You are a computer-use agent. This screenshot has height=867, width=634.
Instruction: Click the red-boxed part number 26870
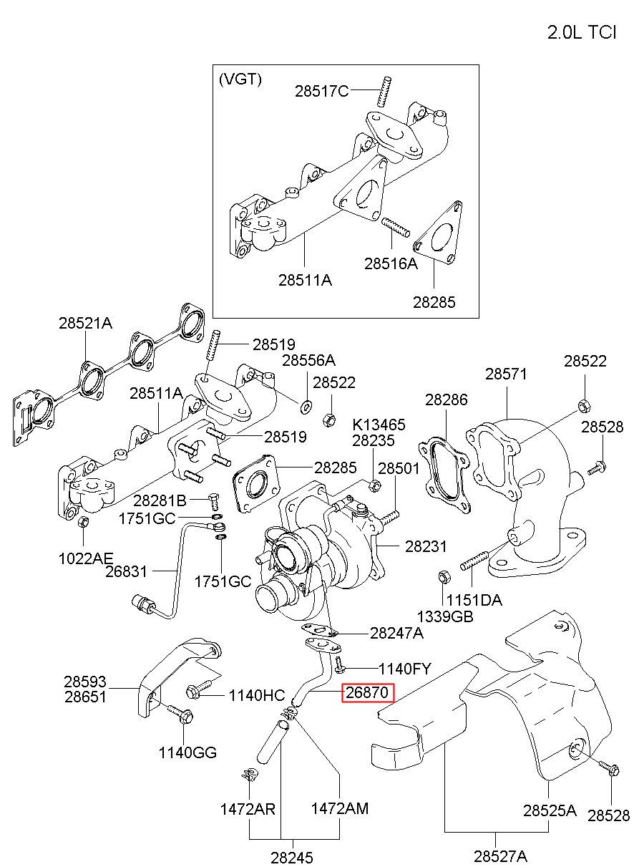tap(366, 692)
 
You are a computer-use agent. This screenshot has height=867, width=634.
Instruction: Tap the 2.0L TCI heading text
tap(581, 32)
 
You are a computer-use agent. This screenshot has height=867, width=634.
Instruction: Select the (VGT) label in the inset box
tap(240, 79)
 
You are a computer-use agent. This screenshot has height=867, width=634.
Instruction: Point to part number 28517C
tap(321, 92)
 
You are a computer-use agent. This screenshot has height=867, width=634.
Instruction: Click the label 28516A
tap(391, 263)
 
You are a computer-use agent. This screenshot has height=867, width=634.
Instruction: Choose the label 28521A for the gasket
tap(85, 323)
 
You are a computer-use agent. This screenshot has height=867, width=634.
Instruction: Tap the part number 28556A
tap(308, 360)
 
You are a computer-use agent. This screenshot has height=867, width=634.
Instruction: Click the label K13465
tap(379, 425)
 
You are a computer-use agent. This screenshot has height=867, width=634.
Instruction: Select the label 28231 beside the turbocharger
tap(426, 546)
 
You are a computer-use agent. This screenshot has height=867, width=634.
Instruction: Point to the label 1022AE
tap(85, 558)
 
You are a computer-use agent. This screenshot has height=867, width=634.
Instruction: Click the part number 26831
tap(126, 571)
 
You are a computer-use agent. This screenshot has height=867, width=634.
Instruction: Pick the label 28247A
tap(396, 633)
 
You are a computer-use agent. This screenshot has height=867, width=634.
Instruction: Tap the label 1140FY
tap(404, 669)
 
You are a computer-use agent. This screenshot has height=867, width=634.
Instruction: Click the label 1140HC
tap(256, 696)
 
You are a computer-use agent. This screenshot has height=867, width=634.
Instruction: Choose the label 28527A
tap(501, 856)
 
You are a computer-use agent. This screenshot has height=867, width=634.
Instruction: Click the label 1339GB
tap(445, 616)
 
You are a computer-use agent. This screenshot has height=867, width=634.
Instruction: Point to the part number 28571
tap(506, 374)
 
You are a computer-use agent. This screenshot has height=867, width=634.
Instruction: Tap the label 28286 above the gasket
tap(447, 399)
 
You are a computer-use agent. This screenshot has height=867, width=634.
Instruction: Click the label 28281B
tap(160, 500)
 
